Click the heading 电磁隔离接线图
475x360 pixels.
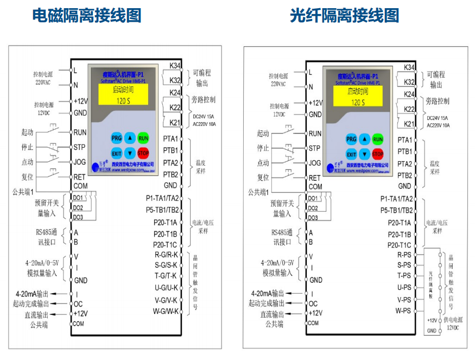coord(87,15)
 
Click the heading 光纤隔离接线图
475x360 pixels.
coord(344,15)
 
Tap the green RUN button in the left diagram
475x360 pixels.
coord(143,138)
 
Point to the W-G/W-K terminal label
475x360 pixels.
coord(166,311)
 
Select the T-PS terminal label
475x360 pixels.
coord(403,275)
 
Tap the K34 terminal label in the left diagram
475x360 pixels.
coord(174,66)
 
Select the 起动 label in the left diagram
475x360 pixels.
coord(27,132)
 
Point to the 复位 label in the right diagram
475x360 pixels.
coord(263,177)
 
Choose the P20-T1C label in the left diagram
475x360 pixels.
coord(165,244)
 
